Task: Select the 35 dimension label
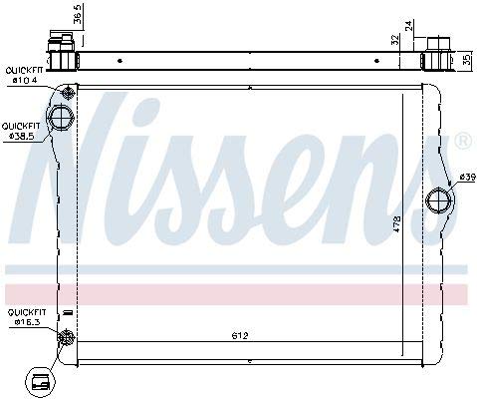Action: [x=466, y=59]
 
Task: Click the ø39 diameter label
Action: [x=466, y=178]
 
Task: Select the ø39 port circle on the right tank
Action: [x=436, y=200]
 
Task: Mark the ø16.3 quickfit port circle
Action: [x=66, y=337]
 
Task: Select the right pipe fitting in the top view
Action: [x=437, y=55]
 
